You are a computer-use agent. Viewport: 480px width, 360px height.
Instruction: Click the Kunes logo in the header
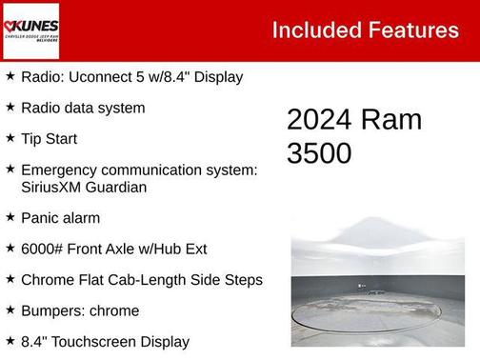(31, 30)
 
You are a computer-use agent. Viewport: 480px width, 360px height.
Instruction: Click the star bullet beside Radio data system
(10, 108)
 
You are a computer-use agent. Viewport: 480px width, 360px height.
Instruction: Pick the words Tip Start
(49, 139)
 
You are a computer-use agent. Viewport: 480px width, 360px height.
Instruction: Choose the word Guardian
(119, 187)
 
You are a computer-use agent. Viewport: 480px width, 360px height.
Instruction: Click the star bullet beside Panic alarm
(10, 218)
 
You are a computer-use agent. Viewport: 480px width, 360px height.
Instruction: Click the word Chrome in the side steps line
(46, 280)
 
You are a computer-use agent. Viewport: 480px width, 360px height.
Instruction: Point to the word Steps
(242, 280)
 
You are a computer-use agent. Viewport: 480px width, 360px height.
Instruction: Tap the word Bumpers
(53, 310)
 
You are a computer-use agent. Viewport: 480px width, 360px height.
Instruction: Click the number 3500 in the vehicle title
(319, 152)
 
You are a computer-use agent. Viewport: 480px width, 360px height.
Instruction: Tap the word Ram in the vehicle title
(390, 120)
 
